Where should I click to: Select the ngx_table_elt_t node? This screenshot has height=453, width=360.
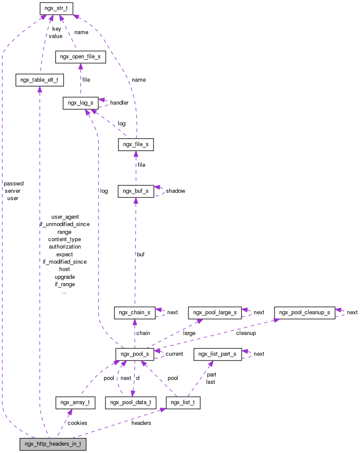click(x=39, y=80)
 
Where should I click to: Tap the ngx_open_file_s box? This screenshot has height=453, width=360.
click(x=80, y=57)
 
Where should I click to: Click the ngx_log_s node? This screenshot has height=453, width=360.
click(x=80, y=103)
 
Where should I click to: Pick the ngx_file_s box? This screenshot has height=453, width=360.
click(x=136, y=144)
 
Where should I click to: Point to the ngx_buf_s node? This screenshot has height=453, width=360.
click(x=136, y=191)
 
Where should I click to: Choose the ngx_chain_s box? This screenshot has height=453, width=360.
click(x=134, y=313)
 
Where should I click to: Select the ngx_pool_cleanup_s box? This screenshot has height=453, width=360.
click(x=304, y=313)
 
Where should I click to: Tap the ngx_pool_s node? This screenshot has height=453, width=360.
click(x=134, y=354)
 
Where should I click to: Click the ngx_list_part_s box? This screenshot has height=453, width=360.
click(x=217, y=354)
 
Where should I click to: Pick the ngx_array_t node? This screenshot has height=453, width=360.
click(x=75, y=403)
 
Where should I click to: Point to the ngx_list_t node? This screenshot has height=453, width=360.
click(x=183, y=403)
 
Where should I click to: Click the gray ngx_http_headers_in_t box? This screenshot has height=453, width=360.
click(x=53, y=444)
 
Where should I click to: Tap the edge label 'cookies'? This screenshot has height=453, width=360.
click(x=77, y=423)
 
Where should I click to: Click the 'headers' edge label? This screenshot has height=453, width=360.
click(x=141, y=423)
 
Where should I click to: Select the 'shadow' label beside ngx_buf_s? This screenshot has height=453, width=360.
click(x=175, y=191)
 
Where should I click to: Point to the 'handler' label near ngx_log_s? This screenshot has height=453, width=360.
click(x=119, y=103)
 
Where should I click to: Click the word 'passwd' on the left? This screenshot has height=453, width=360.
click(x=13, y=183)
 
